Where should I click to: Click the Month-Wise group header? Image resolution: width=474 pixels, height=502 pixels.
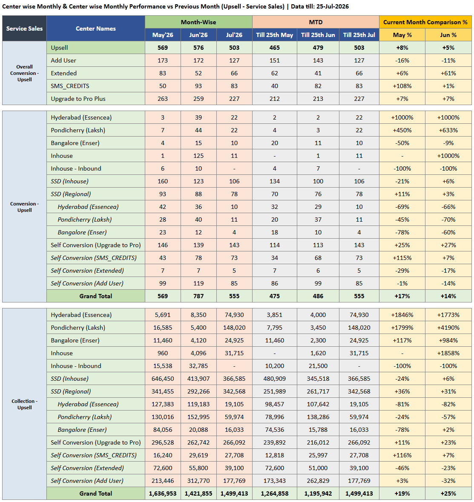[x=198, y=22]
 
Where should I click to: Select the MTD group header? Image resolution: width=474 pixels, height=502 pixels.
[x=316, y=22]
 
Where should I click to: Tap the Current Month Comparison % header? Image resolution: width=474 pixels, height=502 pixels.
[x=425, y=22]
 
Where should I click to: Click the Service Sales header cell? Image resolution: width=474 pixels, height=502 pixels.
[x=24, y=29]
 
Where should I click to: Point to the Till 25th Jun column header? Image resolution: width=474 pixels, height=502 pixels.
[x=318, y=35]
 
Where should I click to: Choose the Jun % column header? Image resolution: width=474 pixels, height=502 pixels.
[x=448, y=35]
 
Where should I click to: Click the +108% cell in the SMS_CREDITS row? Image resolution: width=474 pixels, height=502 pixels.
[x=402, y=86]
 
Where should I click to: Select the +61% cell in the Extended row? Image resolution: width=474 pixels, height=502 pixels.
[x=448, y=73]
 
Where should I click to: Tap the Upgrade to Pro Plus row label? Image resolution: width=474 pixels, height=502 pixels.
[x=78, y=99]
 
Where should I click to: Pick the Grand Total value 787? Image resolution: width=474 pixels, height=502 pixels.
[x=198, y=296]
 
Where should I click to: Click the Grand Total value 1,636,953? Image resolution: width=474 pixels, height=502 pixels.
[x=163, y=493]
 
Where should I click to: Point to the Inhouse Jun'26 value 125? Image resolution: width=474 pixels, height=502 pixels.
[x=198, y=156]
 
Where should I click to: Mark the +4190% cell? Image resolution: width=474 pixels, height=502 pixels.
[x=448, y=328]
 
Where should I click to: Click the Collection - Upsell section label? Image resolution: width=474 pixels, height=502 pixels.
[x=24, y=404]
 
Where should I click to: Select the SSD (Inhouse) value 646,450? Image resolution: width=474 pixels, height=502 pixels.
[x=163, y=379]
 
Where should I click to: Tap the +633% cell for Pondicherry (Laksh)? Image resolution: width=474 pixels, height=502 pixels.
[x=448, y=130]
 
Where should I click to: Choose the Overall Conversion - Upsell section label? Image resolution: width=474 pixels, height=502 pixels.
[x=24, y=73]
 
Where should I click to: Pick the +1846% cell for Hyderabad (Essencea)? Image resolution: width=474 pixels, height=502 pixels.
[x=402, y=315]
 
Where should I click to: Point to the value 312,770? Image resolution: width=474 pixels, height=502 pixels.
[x=198, y=481]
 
